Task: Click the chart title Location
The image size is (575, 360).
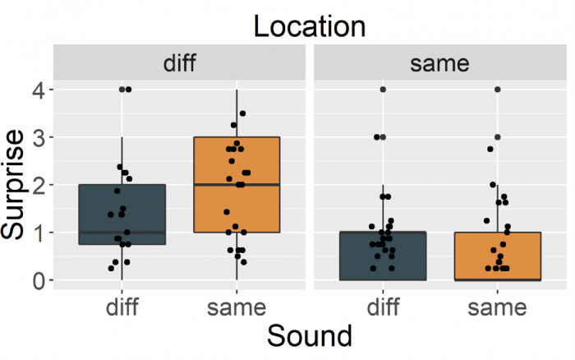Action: click(x=309, y=26)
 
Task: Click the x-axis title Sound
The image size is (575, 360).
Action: click(x=309, y=336)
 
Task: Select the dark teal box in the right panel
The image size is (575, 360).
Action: click(x=382, y=256)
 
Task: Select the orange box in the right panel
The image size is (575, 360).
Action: click(x=497, y=256)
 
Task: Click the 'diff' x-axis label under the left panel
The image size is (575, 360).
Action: click(x=122, y=307)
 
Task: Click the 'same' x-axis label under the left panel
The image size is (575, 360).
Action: click(x=237, y=307)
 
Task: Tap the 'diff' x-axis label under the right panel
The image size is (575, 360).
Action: click(x=382, y=307)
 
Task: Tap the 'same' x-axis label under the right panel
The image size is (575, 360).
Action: click(x=497, y=307)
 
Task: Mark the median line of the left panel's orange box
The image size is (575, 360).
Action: click(x=237, y=185)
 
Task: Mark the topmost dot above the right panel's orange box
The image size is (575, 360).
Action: click(x=497, y=89)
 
